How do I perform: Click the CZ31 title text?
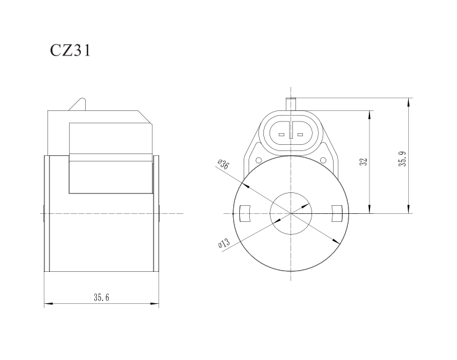(x=70, y=51)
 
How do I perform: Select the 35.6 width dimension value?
(x=101, y=298)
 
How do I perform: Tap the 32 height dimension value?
(x=364, y=162)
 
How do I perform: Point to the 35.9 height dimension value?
(x=403, y=162)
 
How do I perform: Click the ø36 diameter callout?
(x=223, y=165)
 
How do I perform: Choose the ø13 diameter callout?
(x=223, y=244)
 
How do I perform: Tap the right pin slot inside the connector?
(x=300, y=134)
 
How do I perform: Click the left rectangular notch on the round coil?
(x=243, y=213)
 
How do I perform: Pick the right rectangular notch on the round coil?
(x=337, y=213)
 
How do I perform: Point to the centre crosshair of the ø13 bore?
(x=290, y=213)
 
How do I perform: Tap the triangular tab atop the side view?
(x=78, y=105)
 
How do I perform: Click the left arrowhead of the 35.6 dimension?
(x=47, y=304)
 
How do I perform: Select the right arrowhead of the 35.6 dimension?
(x=155, y=304)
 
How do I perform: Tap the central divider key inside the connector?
(x=290, y=134)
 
